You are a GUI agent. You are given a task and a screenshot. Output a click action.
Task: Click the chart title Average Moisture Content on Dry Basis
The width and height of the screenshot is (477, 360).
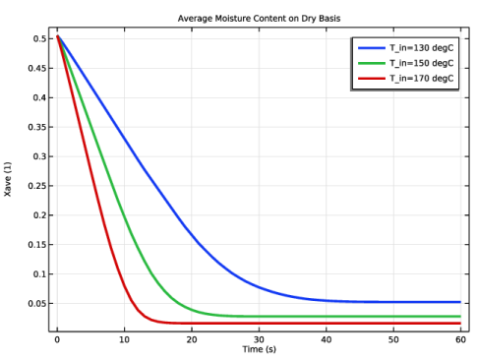coord(259,19)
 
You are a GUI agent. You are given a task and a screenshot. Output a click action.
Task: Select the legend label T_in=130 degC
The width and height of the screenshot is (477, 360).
coord(422,48)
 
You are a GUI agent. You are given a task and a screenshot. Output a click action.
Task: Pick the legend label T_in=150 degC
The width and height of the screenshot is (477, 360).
coord(422,63)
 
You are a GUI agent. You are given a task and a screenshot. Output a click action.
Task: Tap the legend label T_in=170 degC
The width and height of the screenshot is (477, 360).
coord(422,79)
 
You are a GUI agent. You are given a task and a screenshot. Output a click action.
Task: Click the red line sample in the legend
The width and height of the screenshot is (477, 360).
coord(372,79)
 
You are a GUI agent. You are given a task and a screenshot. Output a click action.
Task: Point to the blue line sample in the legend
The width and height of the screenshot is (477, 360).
coord(372,48)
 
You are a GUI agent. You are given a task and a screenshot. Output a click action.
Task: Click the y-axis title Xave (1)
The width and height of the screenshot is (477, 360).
coord(8,179)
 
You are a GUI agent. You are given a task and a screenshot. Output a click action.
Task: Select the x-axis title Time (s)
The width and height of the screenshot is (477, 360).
coord(260,349)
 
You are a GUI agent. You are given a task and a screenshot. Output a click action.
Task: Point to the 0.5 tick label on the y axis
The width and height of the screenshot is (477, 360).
coord(39,38)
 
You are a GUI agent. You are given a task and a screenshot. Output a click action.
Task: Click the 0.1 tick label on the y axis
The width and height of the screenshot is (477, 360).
coord(39,274)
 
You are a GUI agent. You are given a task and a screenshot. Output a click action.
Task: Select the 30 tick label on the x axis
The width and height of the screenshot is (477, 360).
coord(259,339)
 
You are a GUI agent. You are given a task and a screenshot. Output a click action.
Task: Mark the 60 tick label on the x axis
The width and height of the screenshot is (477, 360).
coord(460,339)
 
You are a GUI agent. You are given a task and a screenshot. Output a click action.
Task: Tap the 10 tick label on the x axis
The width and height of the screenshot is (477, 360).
coord(125,339)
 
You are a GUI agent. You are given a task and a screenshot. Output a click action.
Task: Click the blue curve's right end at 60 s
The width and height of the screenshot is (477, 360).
coord(460,302)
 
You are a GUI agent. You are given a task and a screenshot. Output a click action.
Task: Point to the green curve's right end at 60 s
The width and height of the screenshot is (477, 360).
coord(460,317)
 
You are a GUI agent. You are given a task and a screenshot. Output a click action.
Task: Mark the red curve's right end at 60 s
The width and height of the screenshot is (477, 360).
coord(460,324)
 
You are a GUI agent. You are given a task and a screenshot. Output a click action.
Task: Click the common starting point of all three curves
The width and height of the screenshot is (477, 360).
coord(58,36)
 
